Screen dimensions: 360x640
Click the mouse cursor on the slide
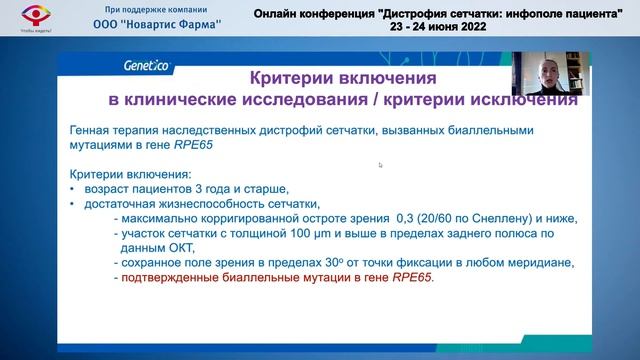pos(380,165)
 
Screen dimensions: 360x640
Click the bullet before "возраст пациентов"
pos(72,189)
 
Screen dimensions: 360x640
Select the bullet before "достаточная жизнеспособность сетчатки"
pos(72,204)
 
